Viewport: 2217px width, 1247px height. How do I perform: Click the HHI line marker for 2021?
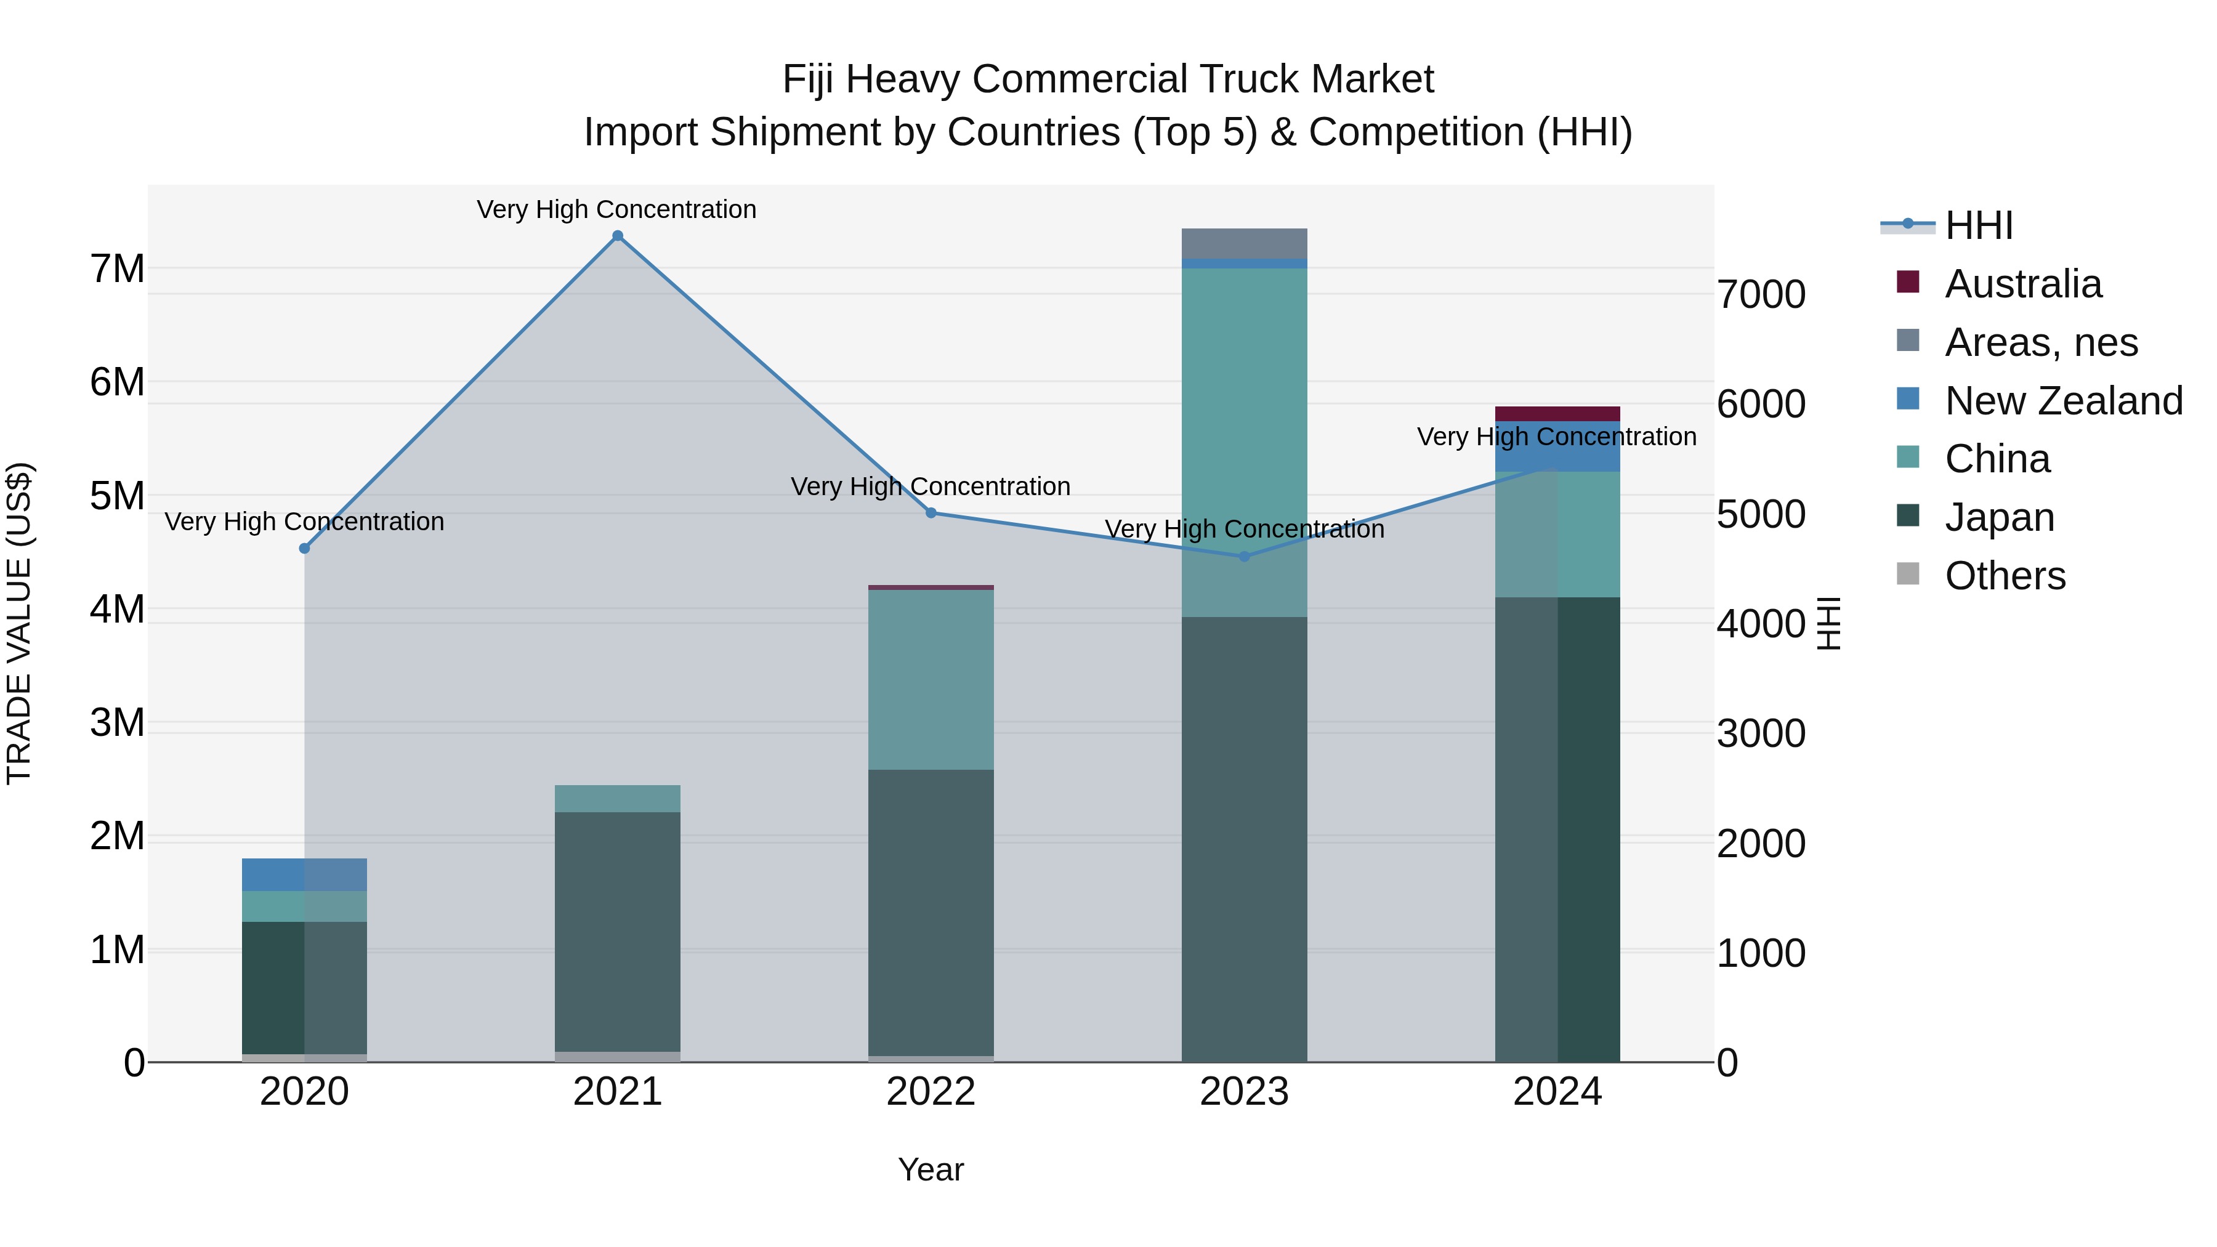coord(617,236)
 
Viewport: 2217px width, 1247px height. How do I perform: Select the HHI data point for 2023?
coord(1243,557)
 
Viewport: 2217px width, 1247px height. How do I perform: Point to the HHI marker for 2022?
coord(931,513)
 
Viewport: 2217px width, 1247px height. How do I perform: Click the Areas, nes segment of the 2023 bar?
coord(1243,243)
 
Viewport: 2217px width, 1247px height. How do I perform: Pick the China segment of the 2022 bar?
coord(931,680)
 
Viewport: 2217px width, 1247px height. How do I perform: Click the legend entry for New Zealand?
coord(2063,401)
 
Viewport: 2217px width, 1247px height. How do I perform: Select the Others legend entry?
coord(2005,576)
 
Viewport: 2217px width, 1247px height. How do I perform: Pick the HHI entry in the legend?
coord(1977,225)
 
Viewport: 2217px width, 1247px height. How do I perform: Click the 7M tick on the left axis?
coord(117,268)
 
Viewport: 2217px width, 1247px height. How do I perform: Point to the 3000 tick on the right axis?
coord(1761,734)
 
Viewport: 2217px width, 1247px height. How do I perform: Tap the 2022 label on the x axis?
coord(931,1092)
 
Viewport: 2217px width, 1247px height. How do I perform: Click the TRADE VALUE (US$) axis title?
coord(20,623)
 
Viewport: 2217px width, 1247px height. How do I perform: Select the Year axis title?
coord(931,1169)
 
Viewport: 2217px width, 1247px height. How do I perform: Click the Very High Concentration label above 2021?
coord(616,209)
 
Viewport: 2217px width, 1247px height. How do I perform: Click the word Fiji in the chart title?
coord(808,79)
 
